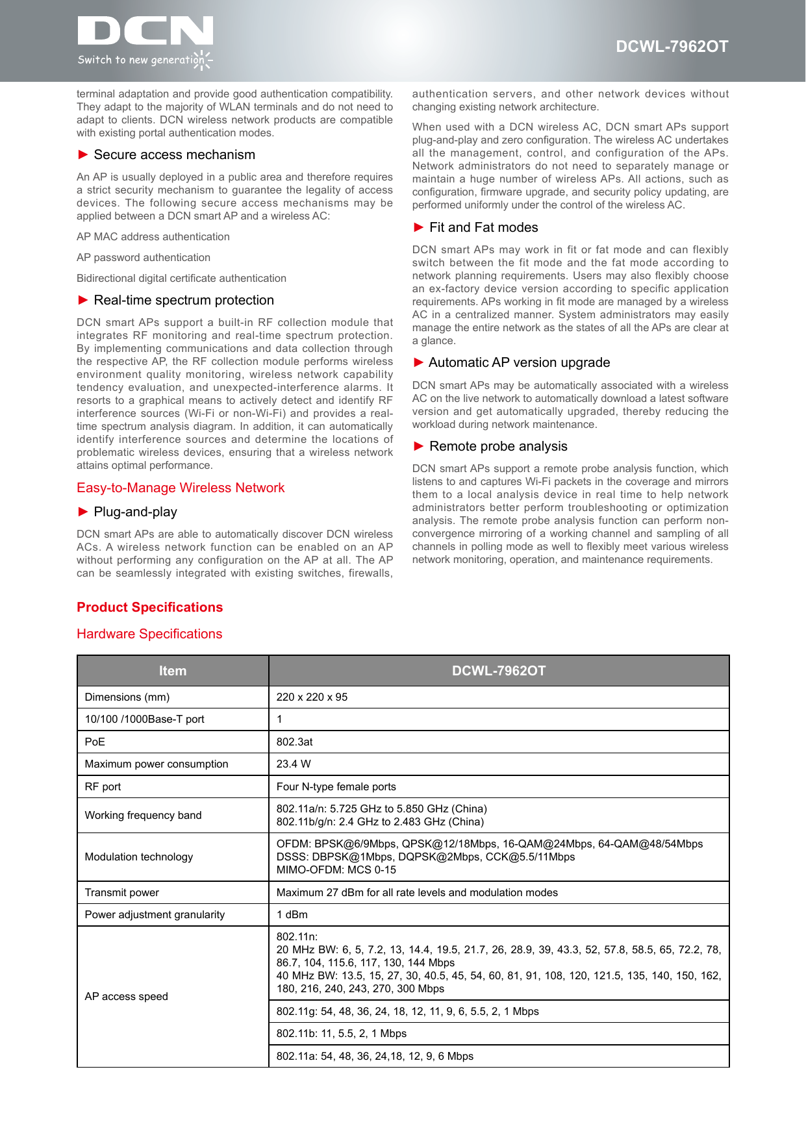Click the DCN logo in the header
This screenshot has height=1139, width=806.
145,41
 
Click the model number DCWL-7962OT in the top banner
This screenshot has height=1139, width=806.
672,47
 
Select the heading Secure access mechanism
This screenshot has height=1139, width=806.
174,155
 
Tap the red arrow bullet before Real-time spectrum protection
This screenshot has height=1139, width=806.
83,300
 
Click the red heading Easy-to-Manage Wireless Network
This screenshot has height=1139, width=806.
181,488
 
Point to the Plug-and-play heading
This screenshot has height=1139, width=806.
135,512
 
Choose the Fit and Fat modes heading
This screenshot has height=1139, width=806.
483,227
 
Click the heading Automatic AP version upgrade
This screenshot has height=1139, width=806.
519,362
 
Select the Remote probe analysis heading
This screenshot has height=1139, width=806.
498,446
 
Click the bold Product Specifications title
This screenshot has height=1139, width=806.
149,607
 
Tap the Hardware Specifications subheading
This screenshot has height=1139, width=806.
149,634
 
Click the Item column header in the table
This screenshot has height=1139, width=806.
173,671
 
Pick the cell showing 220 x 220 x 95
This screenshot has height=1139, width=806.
312,697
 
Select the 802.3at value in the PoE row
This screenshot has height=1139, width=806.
294,742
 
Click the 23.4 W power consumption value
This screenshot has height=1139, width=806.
294,764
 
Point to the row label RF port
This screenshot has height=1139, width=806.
103,786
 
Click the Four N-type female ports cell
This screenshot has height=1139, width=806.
336,786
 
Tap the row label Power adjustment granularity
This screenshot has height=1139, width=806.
155,914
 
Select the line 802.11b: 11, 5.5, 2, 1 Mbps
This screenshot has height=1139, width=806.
341,1033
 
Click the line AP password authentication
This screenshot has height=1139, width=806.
144,257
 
